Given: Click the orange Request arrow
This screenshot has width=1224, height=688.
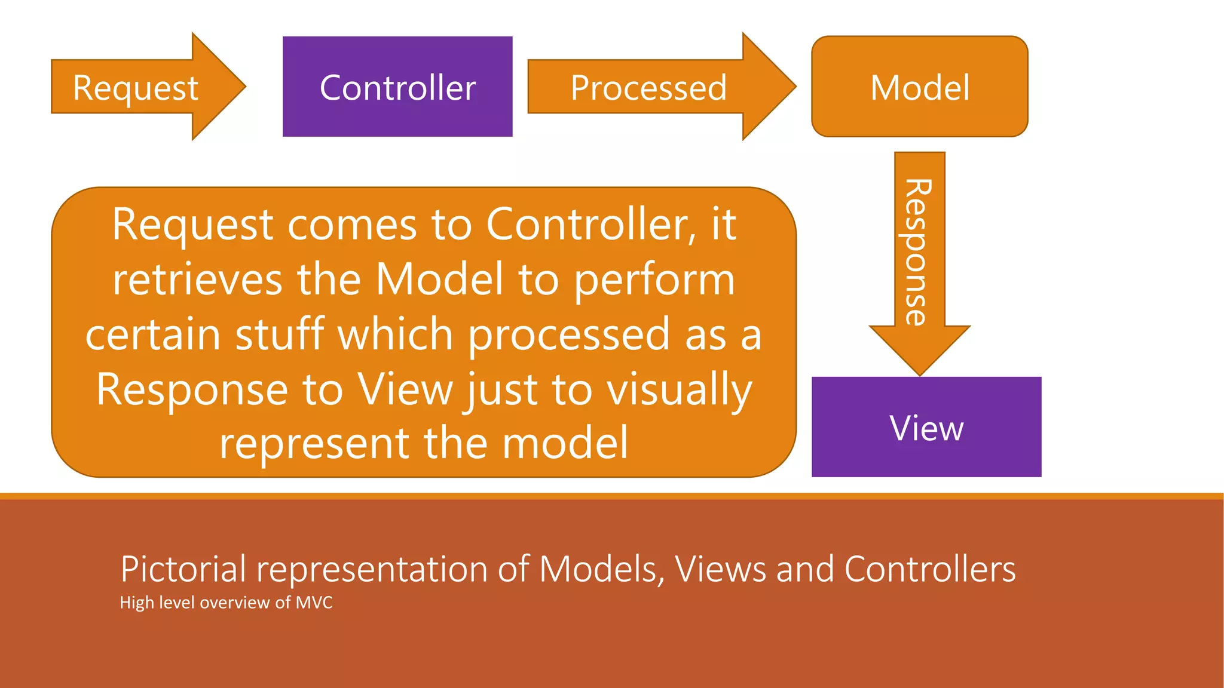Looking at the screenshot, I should tap(136, 87).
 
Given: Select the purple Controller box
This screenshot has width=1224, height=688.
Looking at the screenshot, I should tap(397, 87).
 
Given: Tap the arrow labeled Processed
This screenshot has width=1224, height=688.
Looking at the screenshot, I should tap(649, 87).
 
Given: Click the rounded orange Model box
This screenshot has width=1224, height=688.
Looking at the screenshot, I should tap(919, 87).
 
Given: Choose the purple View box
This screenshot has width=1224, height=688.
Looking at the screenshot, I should tap(926, 427).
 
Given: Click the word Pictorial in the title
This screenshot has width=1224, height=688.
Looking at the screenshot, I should tap(183, 569).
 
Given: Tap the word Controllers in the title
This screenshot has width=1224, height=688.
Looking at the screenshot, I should tap(930, 569).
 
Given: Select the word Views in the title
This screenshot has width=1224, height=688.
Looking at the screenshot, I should tap(721, 569).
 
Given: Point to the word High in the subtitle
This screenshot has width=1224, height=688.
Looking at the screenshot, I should tap(137, 603).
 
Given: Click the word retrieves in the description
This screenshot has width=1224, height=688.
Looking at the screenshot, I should tap(197, 279).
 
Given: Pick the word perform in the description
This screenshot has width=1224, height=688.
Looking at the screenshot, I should tap(654, 279).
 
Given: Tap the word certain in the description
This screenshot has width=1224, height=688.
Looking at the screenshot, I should tap(153, 334).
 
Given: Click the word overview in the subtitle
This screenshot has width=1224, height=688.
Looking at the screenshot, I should tap(234, 602).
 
